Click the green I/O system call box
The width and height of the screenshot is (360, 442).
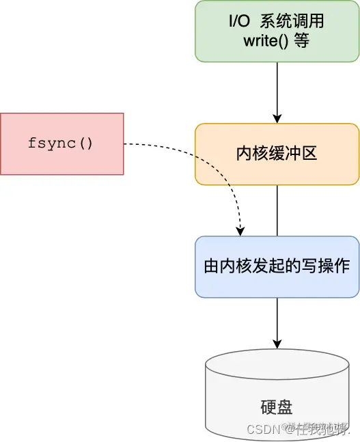coord(277,31)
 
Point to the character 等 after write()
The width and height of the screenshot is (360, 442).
coord(301,41)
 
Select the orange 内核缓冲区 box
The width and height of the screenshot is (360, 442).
coord(277,154)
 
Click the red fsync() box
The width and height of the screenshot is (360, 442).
coord(62,143)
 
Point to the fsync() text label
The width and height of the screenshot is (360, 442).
coord(62,143)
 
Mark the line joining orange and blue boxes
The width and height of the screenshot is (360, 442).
coord(277,210)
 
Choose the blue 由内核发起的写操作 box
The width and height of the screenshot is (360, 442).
coord(277,266)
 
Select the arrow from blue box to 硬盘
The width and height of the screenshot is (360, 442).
coord(277,321)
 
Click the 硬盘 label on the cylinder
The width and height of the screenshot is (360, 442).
coord(277,408)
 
